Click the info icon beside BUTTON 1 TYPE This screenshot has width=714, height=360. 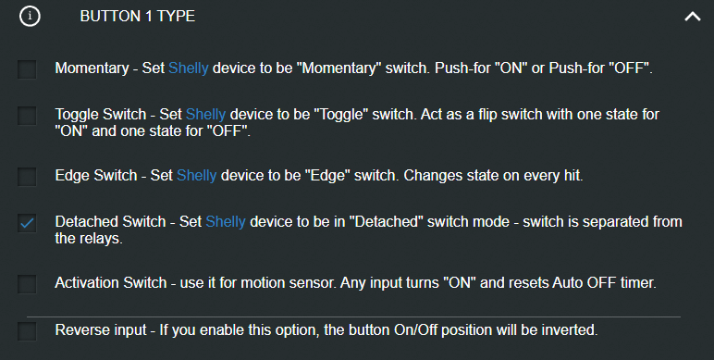(x=30, y=16)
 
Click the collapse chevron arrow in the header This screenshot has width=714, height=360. (x=692, y=17)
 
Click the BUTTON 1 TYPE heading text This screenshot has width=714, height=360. (x=137, y=17)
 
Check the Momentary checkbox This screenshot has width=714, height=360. (x=27, y=69)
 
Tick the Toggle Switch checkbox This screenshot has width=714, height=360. (x=27, y=116)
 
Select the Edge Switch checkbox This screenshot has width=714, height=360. (x=27, y=176)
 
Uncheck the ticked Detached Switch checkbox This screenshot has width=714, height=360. (x=27, y=223)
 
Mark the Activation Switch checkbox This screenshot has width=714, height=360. (x=27, y=283)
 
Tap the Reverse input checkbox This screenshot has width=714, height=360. (x=27, y=330)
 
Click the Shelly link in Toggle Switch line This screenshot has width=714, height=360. (x=205, y=115)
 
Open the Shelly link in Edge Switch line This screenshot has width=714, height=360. (x=196, y=175)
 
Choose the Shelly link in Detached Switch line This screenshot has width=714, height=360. (x=225, y=222)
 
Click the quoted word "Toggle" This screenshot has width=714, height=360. (x=370, y=115)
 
